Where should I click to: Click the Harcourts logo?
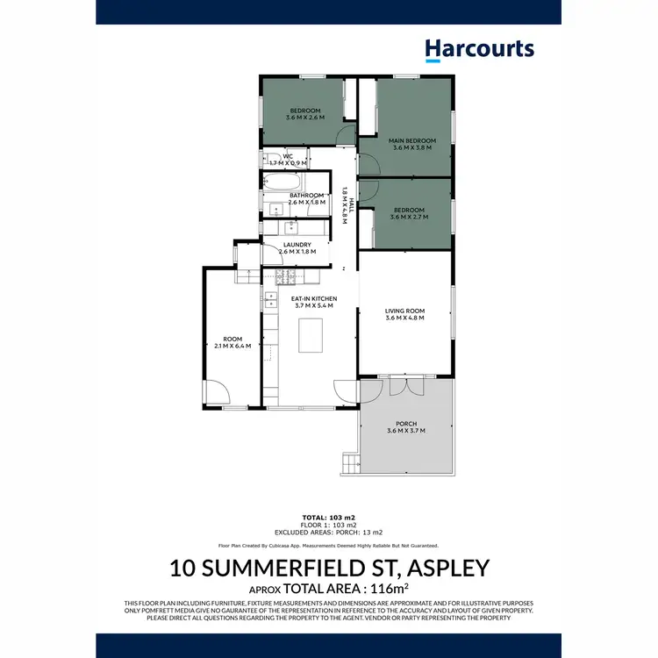pyautogui.click(x=479, y=50)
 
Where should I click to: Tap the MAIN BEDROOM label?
pyautogui.click(x=411, y=140)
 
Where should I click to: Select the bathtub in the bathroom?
pyautogui.click(x=283, y=182)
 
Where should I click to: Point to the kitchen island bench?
pyautogui.click(x=311, y=334)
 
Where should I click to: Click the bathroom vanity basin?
pyautogui.click(x=275, y=208)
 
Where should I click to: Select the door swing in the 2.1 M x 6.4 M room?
pyautogui.click(x=215, y=391)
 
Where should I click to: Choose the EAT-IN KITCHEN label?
pyautogui.click(x=313, y=299)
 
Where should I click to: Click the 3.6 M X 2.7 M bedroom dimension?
pyautogui.click(x=409, y=216)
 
